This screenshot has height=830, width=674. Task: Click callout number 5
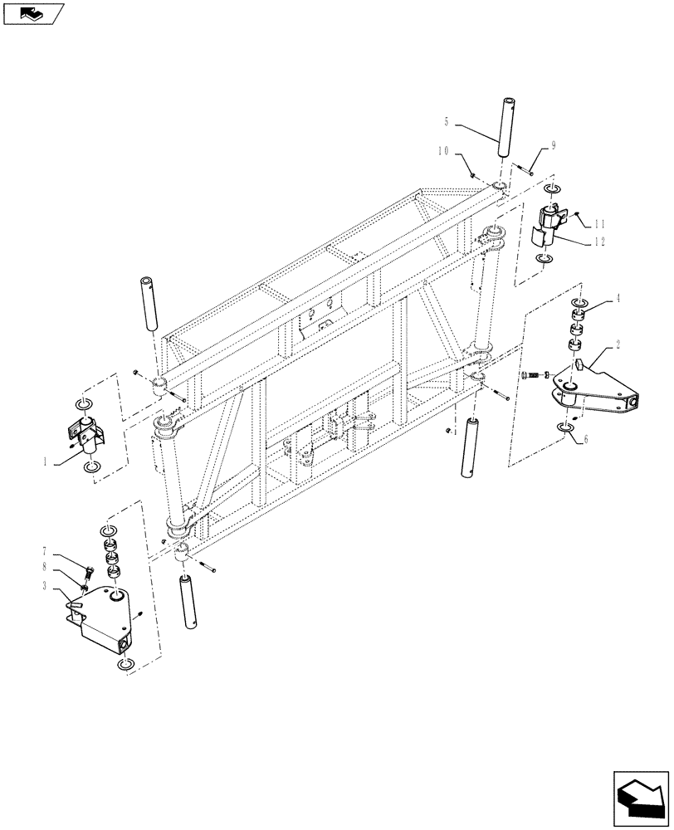(x=447, y=123)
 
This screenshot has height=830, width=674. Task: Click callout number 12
(x=600, y=242)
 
